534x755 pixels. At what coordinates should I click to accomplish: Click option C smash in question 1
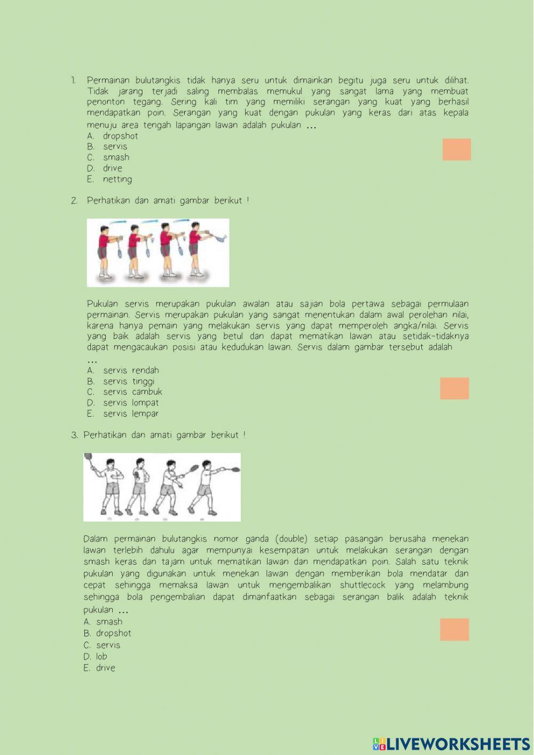coord(108,158)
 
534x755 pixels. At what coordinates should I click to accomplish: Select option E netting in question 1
coord(109,179)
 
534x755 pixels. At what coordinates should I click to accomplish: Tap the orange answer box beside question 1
coord(457,149)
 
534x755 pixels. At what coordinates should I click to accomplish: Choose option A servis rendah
coord(123,370)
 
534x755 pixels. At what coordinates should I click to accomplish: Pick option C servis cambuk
coord(124,392)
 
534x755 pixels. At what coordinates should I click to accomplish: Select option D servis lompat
coord(123,403)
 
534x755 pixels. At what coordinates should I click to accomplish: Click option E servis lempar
coord(123,414)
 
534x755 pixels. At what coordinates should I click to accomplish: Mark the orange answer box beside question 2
coord(454,388)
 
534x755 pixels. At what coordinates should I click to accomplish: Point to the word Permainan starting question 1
coord(108,80)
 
